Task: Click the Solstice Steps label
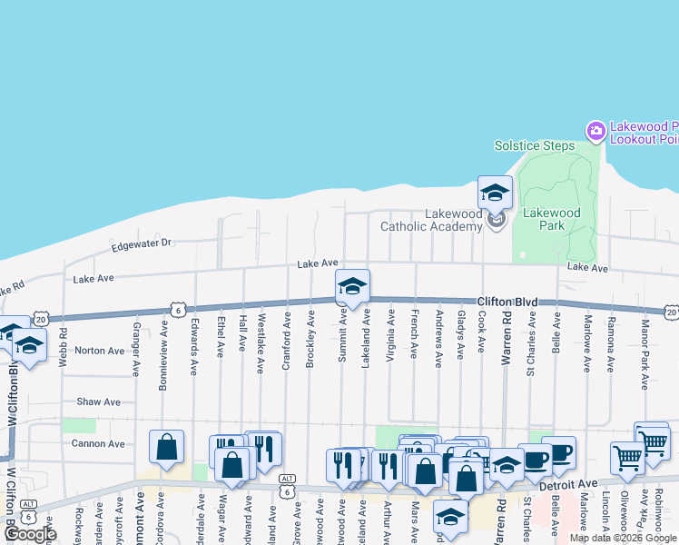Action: [534, 145]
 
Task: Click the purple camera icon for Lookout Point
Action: [595, 132]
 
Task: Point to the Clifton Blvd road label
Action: [507, 301]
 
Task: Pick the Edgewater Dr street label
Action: [141, 244]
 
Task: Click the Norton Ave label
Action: [99, 351]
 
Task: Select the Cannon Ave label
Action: [99, 444]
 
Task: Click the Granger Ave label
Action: [135, 350]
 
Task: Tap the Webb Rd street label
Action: [63, 347]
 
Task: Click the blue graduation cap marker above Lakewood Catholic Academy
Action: [495, 192]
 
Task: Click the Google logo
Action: [29, 534]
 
